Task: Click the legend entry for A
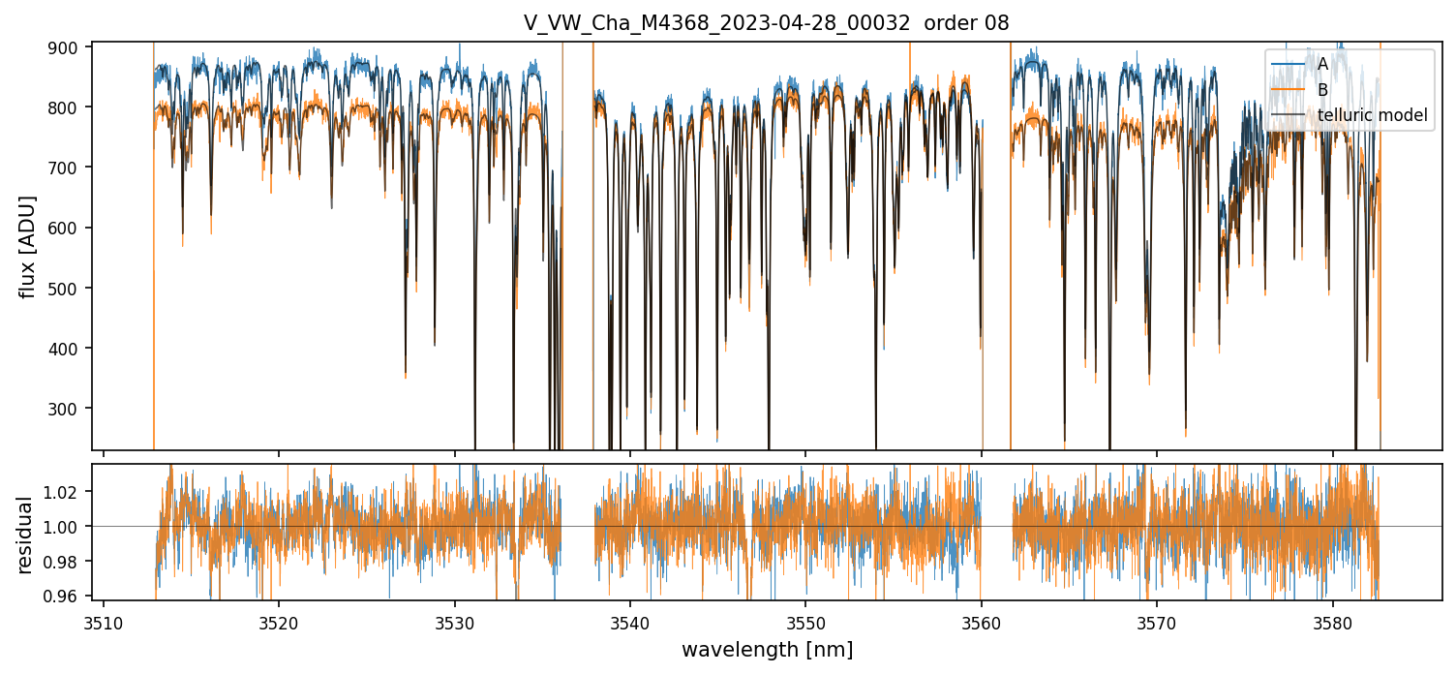[x=1322, y=64]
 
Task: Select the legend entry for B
[x=1322, y=90]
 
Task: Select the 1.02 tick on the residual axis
[x=67, y=492]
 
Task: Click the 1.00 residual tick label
[x=67, y=527]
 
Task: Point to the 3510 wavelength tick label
[x=104, y=620]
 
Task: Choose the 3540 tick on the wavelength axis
[x=630, y=620]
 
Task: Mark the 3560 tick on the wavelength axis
[x=982, y=620]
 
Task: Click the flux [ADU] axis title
[x=28, y=246]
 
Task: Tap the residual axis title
[x=25, y=534]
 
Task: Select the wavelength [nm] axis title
[x=767, y=649]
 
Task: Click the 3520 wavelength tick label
[x=279, y=620]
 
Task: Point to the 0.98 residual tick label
[x=67, y=562]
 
